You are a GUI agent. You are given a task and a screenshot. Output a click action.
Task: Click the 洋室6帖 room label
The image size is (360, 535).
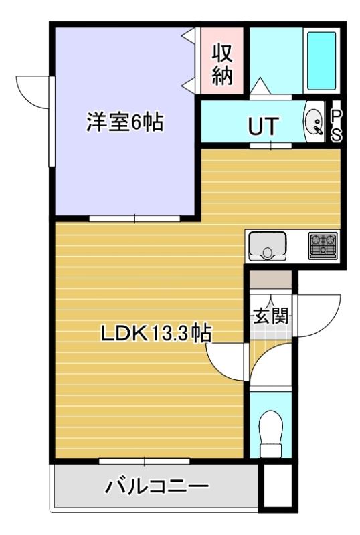tap(124, 122)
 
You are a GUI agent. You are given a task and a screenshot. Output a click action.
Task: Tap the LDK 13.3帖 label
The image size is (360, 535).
tap(156, 333)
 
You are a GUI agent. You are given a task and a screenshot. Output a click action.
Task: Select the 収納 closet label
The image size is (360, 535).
tap(222, 65)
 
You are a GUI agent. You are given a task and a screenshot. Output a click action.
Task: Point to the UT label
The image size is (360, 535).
tap(263, 126)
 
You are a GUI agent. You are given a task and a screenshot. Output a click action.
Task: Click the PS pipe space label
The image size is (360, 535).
tap(336, 125)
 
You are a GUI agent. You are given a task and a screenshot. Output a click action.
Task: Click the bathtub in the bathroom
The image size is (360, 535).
tap(321, 61)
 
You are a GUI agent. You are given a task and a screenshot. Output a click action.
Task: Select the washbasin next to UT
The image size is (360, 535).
tap(314, 122)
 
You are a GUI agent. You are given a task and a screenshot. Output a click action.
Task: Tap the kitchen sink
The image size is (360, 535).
tap(268, 246)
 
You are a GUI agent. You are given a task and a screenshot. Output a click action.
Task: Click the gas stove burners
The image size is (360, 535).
tap(323, 245)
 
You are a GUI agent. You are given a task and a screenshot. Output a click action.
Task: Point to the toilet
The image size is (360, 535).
tap(271, 433)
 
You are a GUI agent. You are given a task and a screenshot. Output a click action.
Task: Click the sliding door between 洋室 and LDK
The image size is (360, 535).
tap(134, 219)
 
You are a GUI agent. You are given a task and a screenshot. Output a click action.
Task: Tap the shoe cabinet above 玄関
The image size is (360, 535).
tap(270, 280)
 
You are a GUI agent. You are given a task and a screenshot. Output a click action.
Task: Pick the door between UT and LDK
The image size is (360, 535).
tap(270, 146)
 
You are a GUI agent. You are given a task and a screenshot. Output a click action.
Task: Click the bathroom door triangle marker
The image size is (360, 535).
tap(260, 86)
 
